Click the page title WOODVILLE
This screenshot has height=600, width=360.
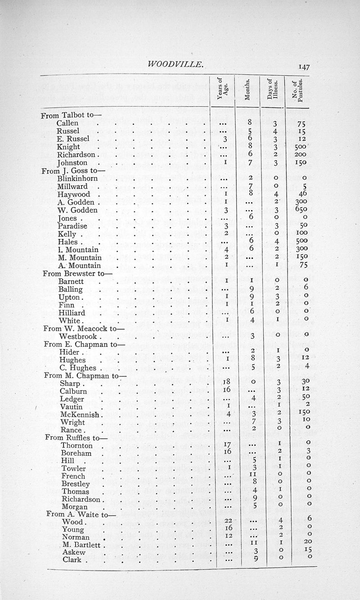tap(175, 64)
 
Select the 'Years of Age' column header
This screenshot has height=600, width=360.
tap(223, 91)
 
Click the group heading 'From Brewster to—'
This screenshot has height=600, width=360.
tap(72, 273)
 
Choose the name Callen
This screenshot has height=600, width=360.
tap(67, 123)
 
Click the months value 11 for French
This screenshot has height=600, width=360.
tap(254, 475)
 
